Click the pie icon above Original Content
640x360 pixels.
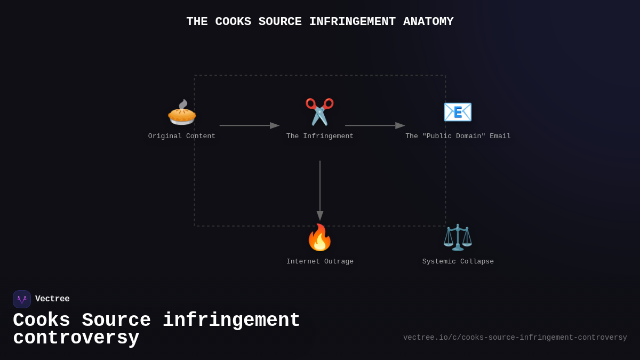(182, 113)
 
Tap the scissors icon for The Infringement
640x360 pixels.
(319, 112)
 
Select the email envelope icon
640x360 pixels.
(458, 112)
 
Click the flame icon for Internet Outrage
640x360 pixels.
(319, 238)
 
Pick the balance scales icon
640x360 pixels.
(458, 237)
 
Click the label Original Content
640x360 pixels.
(182, 137)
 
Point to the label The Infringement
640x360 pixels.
(320, 137)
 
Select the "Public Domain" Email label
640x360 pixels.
(458, 137)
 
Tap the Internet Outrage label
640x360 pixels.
(320, 262)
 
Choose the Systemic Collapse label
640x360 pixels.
(458, 262)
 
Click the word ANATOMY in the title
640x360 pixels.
(428, 22)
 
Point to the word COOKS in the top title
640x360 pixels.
(233, 22)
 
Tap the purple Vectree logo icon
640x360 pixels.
(22, 299)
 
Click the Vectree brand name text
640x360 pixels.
(52, 299)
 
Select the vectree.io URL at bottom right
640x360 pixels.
(515, 338)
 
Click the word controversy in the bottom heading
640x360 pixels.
(76, 338)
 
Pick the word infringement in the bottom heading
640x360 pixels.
(231, 321)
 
